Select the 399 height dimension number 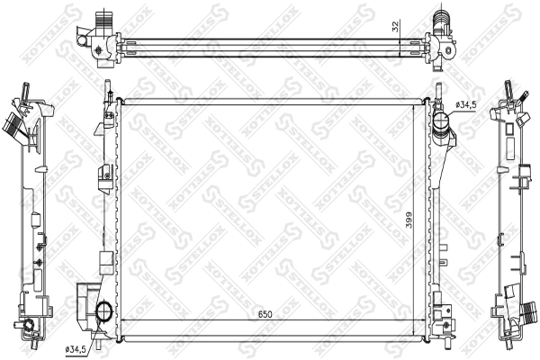[x=409, y=219]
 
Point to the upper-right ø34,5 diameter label [x=466, y=106]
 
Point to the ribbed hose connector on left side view [x=14, y=124]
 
